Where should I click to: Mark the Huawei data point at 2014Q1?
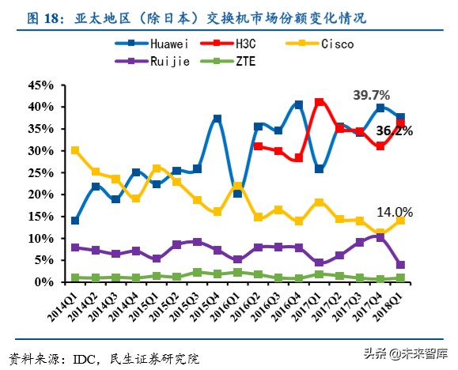(x=75, y=221)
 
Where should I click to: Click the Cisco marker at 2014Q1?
(x=75, y=150)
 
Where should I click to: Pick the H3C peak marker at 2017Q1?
(x=320, y=102)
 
